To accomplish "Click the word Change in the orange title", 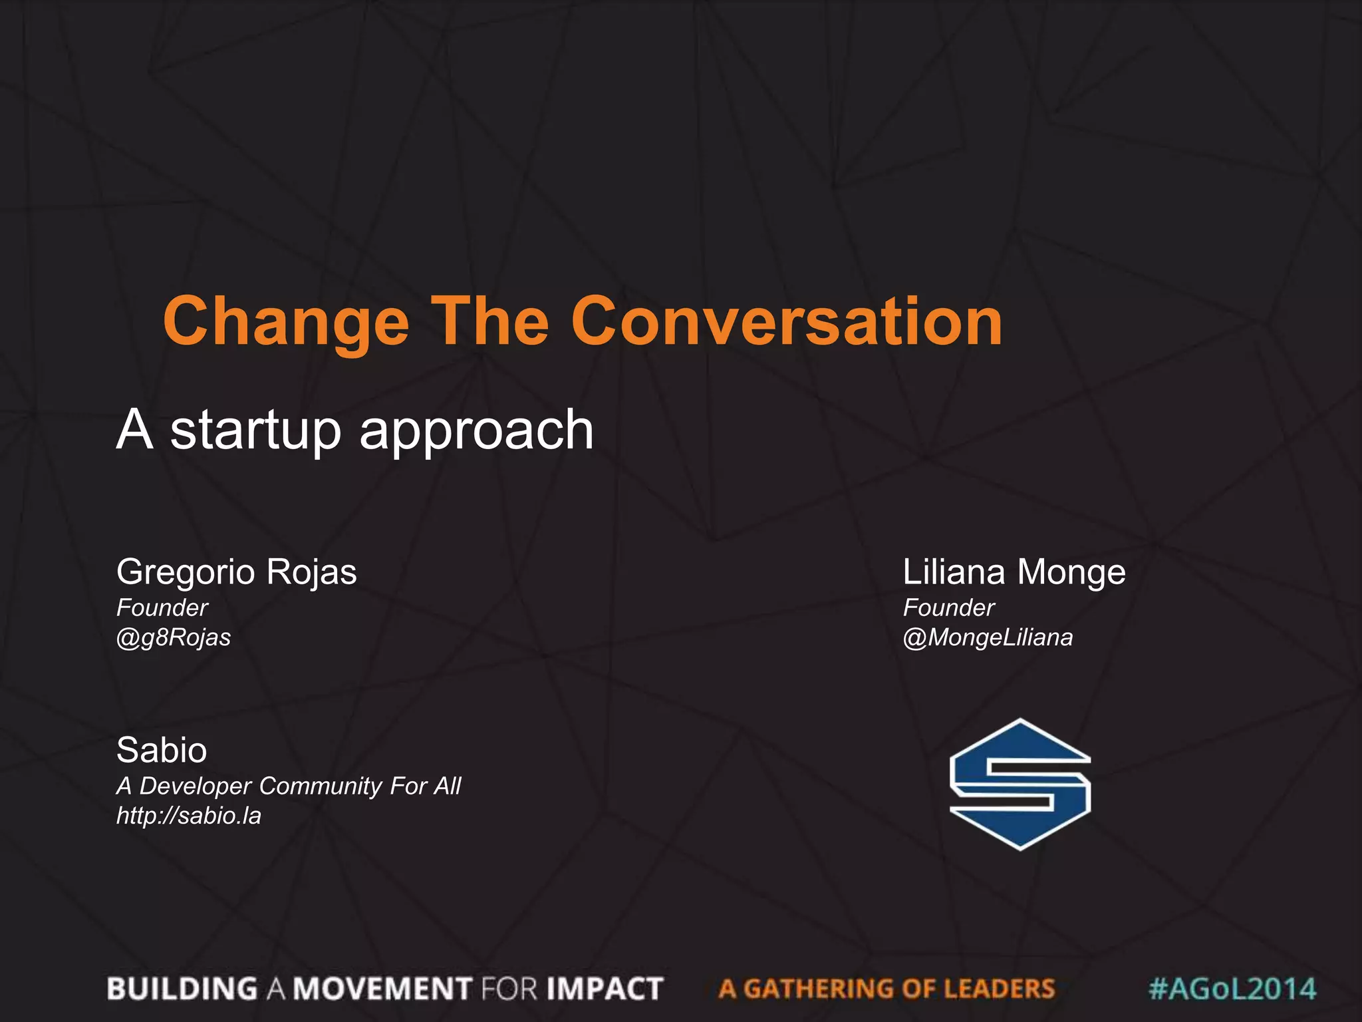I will [286, 323].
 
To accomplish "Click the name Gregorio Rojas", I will [237, 572].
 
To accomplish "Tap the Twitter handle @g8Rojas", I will [174, 637].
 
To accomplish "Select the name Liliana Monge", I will [1014, 572].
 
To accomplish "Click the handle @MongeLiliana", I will [988, 637].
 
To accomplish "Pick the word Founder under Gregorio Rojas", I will [162, 607].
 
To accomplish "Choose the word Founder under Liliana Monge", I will [948, 607].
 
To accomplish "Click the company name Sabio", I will [162, 751].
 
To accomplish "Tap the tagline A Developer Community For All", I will [288, 786].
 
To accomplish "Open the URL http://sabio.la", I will [189, 816].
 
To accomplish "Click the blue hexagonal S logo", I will [1020, 784].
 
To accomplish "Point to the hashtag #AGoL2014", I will [1232, 989].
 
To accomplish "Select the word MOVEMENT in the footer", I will [383, 989].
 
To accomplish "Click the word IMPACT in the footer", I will [605, 989].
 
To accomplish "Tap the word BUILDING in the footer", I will [182, 989].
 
